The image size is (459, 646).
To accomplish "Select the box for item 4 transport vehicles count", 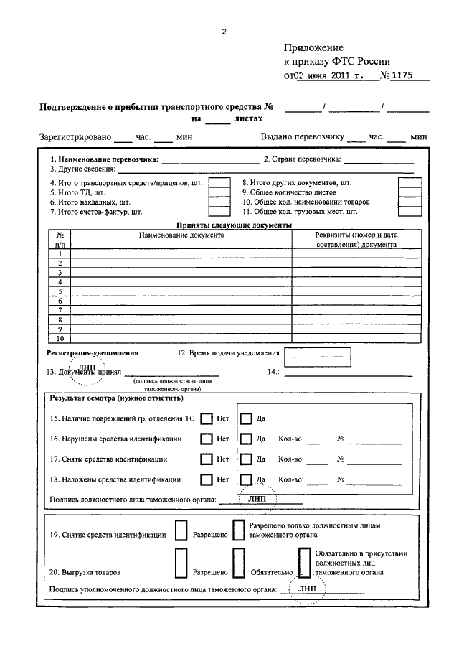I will coord(219,183).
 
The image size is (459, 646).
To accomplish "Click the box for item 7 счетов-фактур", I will coord(219,212).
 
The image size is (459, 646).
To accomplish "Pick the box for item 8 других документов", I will coord(410,183).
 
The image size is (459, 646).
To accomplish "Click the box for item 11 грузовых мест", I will coord(410,212).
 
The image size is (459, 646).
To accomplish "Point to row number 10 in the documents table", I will coord(60,338).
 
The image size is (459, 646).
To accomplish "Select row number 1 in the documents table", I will coord(60,253).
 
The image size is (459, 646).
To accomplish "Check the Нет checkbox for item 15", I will coord(207,418).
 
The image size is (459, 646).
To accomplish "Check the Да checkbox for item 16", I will coord(246,439).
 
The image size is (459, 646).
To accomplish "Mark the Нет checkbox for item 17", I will coord(207,459).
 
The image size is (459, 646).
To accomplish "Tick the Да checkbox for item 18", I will coord(246,479).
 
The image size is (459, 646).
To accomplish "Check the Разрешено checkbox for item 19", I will coord(179,533).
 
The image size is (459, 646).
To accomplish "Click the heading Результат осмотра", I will coord(115,398).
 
